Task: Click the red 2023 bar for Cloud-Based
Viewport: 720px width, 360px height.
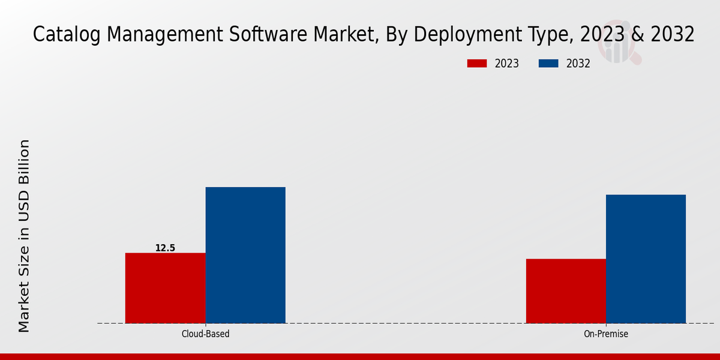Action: tap(165, 288)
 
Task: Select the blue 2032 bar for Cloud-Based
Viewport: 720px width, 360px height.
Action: tap(245, 255)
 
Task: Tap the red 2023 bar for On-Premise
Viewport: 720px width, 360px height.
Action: tap(566, 291)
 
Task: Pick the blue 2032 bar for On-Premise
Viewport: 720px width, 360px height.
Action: tap(646, 259)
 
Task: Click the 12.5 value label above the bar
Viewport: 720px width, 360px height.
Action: tap(165, 248)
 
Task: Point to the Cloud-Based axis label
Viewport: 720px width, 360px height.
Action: tap(205, 334)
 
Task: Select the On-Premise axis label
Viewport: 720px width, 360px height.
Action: tap(606, 334)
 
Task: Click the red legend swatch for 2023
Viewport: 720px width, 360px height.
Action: tap(478, 64)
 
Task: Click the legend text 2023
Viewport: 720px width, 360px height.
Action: tap(507, 64)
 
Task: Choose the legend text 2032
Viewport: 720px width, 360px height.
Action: tap(578, 64)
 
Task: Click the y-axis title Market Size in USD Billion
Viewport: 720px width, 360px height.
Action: tap(24, 236)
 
